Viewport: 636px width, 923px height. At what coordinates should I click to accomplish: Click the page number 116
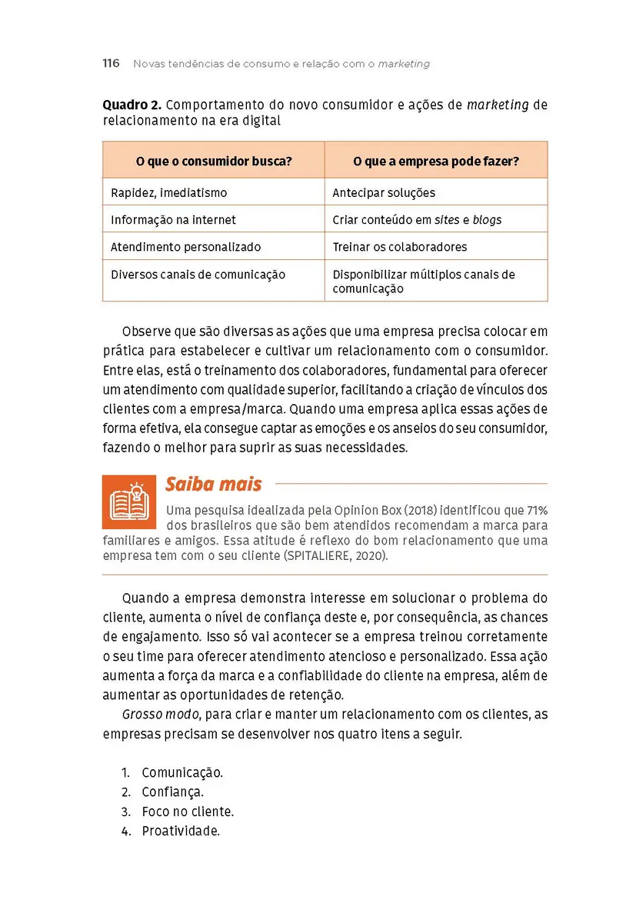pyautogui.click(x=111, y=63)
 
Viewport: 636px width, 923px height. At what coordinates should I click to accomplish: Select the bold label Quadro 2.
pyautogui.click(x=132, y=105)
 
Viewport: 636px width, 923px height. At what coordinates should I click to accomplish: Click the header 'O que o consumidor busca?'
pyautogui.click(x=213, y=162)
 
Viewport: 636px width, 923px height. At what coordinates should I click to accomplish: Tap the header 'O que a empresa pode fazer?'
pyautogui.click(x=435, y=162)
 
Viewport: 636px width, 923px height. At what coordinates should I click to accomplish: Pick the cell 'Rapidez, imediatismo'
pyautogui.click(x=169, y=193)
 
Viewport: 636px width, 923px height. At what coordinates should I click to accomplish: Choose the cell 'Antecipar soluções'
pyautogui.click(x=384, y=193)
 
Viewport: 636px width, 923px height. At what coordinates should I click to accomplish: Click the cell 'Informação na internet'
pyautogui.click(x=173, y=220)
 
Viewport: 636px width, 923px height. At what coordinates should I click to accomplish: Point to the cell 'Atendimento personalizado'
pyautogui.click(x=185, y=247)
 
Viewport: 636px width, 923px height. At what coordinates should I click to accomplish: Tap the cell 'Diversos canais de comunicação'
pyautogui.click(x=198, y=275)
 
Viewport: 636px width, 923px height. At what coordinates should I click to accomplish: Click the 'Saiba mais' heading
pyautogui.click(x=213, y=485)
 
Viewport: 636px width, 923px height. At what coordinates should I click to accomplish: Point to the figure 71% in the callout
pyautogui.click(x=537, y=511)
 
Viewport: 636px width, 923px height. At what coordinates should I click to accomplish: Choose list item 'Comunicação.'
pyautogui.click(x=182, y=772)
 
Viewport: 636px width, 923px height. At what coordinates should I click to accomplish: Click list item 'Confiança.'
pyautogui.click(x=172, y=791)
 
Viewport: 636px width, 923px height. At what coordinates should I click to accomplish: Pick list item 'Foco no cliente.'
pyautogui.click(x=188, y=811)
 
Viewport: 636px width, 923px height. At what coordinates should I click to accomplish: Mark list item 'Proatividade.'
pyautogui.click(x=181, y=831)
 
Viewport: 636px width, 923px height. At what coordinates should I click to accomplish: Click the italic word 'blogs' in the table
pyautogui.click(x=487, y=220)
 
